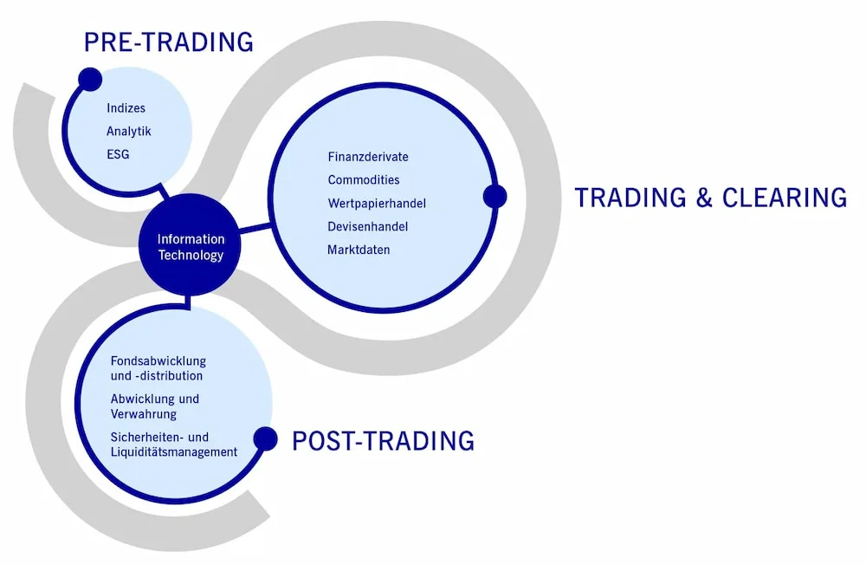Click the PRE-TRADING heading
[169, 42]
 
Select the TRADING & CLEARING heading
[711, 198]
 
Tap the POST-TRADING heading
[383, 441]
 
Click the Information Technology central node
[190, 245]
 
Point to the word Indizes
[126, 107]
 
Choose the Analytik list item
[129, 132]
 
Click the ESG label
[118, 155]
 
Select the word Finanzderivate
[368, 157]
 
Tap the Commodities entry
[364, 180]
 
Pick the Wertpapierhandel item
[377, 204]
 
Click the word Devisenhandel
[368, 227]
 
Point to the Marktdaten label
[359, 250]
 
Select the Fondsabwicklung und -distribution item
[158, 368]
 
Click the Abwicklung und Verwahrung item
[155, 406]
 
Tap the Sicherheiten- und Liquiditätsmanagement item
[174, 445]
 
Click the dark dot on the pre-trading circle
[90, 80]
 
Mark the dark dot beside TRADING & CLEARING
[494, 196]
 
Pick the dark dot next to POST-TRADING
[265, 439]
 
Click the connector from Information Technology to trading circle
[255, 228]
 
